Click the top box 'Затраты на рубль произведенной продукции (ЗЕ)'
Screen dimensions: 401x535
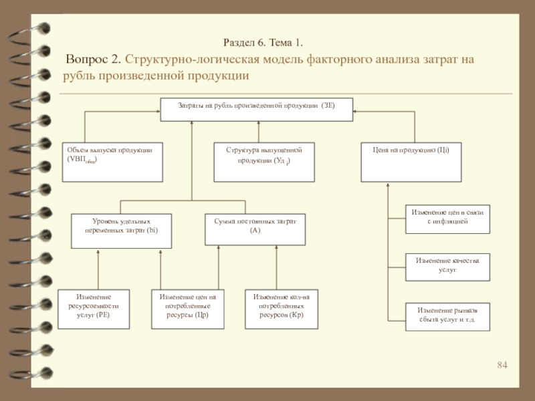256,110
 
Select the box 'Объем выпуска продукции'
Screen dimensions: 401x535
112,162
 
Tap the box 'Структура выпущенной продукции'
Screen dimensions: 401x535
263,162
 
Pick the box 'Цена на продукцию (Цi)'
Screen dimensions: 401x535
411,162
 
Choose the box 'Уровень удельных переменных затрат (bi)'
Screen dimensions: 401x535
121,229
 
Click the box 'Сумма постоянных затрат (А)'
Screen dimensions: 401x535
255,229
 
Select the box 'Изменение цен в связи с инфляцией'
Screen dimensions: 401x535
447,219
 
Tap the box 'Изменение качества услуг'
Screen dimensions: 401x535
447,265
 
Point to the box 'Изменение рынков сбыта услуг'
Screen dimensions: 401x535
447,316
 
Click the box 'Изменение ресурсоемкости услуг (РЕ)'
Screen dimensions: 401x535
94,309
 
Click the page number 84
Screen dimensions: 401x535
503,365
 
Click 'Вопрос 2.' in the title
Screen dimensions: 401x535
94,60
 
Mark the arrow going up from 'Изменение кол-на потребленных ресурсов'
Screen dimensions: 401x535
277,267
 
